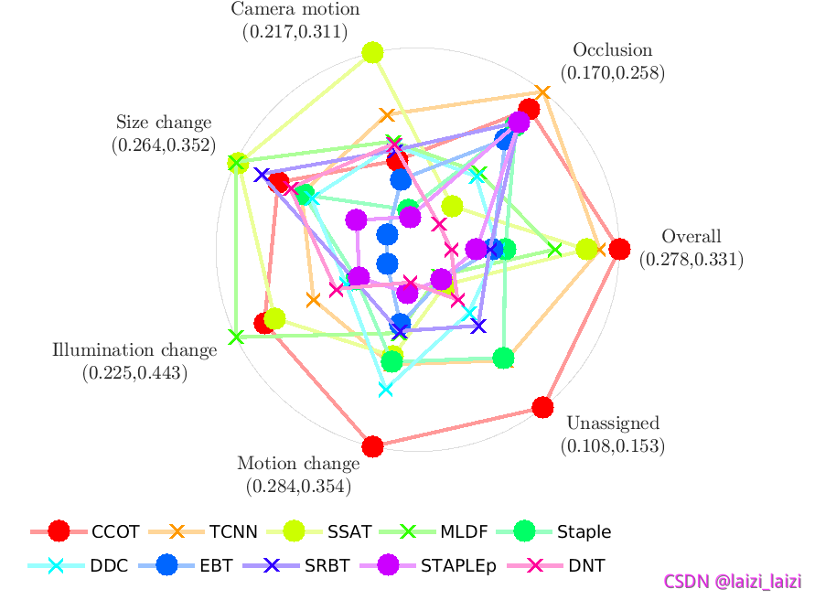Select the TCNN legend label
point(232,531)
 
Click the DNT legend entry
point(586,565)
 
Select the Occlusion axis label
point(612,50)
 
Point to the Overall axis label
point(691,236)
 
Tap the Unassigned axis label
point(612,423)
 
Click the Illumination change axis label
point(134,349)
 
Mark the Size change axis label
point(163,123)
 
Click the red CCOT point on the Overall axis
point(619,249)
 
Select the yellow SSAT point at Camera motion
point(371,52)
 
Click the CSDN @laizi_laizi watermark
point(733,581)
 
